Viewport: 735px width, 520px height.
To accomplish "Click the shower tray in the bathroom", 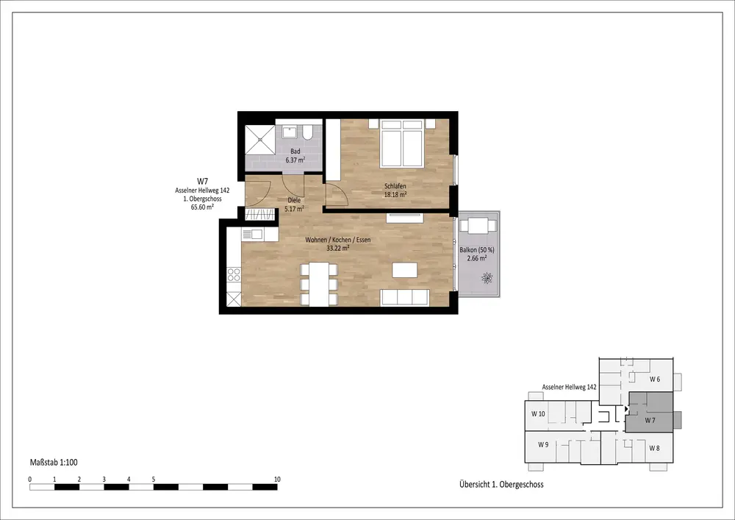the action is [260, 140].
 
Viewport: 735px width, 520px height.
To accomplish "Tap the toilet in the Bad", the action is [308, 132].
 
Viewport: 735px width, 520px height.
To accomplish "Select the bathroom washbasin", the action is [289, 132].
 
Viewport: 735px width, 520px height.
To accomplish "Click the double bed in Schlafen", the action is [402, 143].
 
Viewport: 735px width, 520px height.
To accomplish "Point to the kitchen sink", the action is [253, 234].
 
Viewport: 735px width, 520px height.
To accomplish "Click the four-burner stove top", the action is [234, 275].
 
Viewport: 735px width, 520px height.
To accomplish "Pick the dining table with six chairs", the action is [319, 285].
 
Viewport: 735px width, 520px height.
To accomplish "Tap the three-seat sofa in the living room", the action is [404, 297].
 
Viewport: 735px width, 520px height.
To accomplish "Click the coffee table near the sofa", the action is [404, 270].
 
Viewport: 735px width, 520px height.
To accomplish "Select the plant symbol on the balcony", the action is [487, 278].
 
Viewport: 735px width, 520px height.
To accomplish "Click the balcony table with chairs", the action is [478, 226].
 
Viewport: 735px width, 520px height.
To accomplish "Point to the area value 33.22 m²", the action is [338, 248].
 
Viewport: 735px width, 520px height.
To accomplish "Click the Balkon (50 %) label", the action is [477, 250].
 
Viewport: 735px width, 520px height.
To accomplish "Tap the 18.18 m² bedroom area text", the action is [395, 194].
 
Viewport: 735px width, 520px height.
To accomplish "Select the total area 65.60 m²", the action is [203, 207].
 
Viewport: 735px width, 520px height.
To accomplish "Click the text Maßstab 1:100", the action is [54, 463].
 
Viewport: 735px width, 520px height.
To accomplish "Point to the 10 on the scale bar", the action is [277, 480].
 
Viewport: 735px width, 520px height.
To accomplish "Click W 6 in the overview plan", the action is [655, 380].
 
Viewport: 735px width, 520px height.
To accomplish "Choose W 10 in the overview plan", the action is [538, 413].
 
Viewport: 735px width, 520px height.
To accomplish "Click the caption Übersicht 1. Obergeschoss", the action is [501, 485].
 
